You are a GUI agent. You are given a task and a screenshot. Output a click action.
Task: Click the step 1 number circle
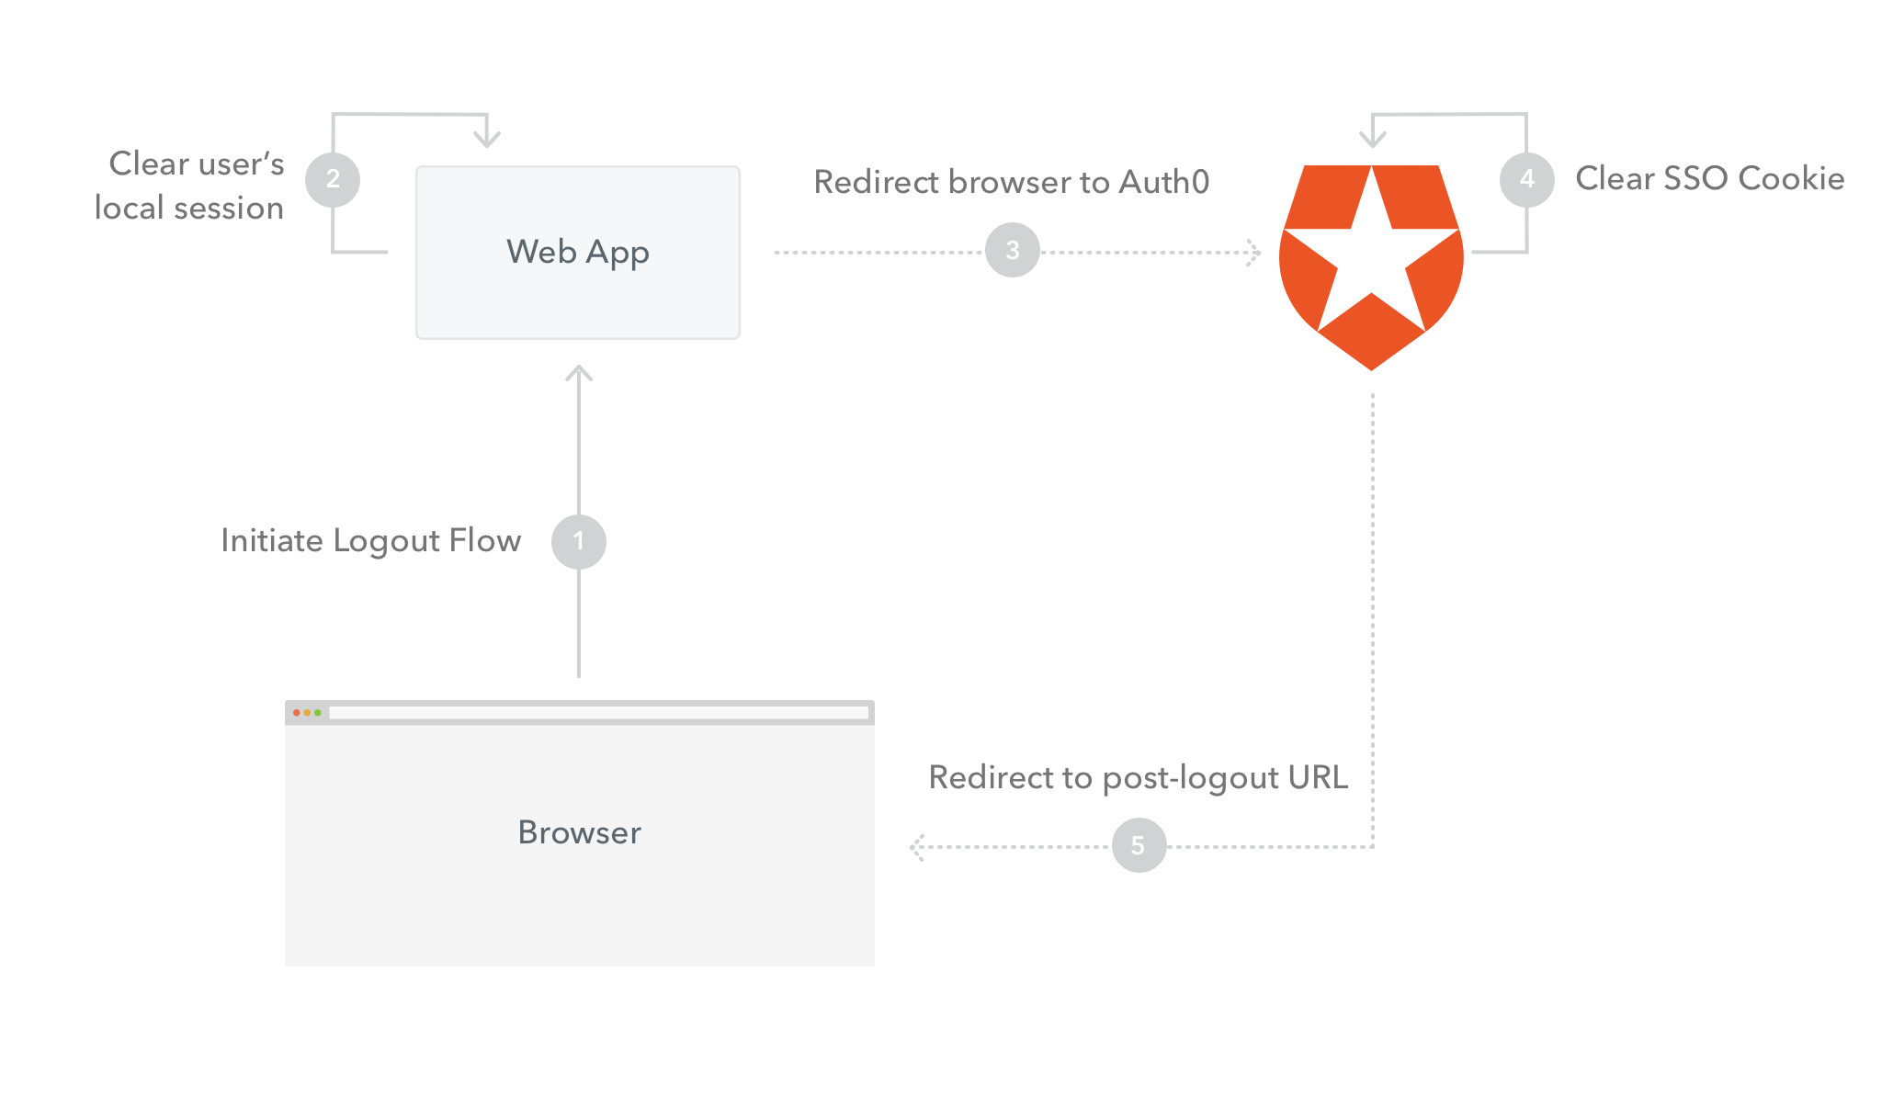(x=578, y=541)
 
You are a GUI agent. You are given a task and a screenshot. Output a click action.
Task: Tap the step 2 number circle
(x=333, y=179)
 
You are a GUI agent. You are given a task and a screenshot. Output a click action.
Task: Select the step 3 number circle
(x=1012, y=250)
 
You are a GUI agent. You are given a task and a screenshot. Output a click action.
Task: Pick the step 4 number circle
(x=1526, y=179)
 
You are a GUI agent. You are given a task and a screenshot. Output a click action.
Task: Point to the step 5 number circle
(x=1139, y=845)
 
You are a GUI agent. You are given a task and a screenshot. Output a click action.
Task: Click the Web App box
(x=577, y=253)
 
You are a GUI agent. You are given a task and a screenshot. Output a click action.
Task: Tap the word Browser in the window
(x=579, y=832)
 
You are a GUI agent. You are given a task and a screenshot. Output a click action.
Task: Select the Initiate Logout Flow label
(x=370, y=541)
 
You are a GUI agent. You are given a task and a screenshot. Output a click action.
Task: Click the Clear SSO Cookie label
(x=1709, y=178)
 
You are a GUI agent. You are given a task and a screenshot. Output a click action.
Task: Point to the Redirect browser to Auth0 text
(x=1011, y=182)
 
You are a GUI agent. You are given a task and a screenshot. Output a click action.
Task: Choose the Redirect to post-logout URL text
(x=1138, y=777)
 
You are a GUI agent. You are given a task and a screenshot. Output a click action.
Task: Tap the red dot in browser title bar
(x=296, y=713)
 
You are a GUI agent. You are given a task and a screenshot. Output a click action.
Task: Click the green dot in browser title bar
(x=318, y=713)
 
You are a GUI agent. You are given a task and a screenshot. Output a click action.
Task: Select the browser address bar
(x=597, y=713)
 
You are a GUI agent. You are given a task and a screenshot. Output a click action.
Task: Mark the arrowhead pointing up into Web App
(x=579, y=372)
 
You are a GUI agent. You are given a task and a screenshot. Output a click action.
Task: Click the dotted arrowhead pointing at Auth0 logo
(x=1254, y=253)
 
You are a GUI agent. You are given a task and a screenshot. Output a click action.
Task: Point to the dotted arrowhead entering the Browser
(x=916, y=847)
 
